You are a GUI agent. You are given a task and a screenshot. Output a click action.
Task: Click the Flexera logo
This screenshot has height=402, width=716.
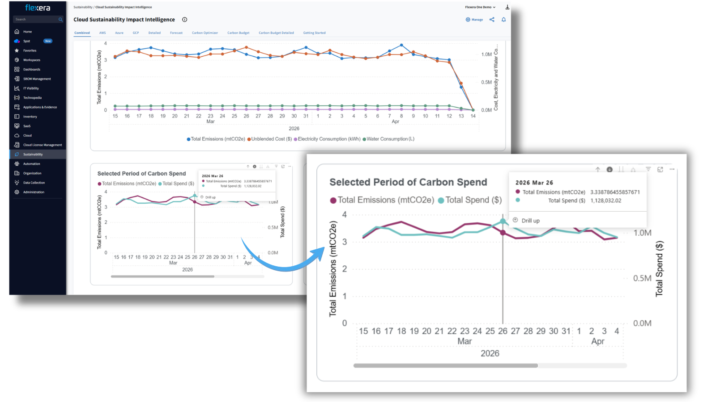(x=38, y=8)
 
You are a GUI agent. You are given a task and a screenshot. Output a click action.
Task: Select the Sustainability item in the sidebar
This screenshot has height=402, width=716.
(x=33, y=155)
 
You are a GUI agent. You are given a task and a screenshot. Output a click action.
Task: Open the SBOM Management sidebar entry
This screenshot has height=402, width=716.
(x=37, y=79)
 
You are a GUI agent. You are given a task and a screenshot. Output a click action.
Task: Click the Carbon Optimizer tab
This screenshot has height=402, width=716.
(x=205, y=33)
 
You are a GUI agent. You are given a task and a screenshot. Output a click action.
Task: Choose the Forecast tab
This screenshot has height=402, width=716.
(x=176, y=33)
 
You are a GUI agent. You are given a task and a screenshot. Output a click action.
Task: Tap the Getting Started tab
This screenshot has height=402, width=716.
(x=314, y=33)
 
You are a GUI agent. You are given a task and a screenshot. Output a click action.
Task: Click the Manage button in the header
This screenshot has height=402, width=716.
(x=474, y=20)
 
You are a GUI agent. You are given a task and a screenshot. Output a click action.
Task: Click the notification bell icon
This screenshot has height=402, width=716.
(x=503, y=20)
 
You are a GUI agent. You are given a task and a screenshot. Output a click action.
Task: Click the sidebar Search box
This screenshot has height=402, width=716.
(x=36, y=20)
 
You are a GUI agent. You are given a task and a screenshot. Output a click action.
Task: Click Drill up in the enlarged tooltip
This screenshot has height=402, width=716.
(x=530, y=221)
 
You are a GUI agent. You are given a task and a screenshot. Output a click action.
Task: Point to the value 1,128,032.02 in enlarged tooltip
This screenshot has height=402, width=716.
(x=606, y=201)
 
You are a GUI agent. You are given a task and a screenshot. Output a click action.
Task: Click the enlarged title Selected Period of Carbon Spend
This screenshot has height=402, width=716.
(x=408, y=182)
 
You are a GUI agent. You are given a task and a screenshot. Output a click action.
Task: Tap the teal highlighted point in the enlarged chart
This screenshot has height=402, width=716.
(x=503, y=221)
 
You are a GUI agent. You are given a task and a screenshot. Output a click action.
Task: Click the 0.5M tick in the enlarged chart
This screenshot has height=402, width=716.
(x=642, y=278)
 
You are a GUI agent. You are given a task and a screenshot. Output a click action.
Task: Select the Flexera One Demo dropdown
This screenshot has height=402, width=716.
(x=480, y=7)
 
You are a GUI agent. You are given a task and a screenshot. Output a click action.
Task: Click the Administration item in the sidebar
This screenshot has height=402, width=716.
(x=34, y=192)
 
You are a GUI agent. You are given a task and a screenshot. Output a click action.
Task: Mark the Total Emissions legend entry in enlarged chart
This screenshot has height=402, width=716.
(x=385, y=200)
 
